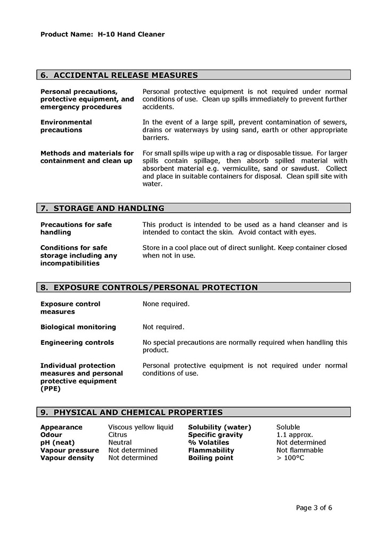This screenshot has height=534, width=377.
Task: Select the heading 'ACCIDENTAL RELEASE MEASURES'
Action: pos(126,75)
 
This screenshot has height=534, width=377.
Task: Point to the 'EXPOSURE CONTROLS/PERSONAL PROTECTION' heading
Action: pos(155,288)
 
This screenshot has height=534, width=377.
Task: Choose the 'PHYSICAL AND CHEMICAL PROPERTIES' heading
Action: pos(138,412)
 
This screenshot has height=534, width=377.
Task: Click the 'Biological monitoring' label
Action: pos(78,327)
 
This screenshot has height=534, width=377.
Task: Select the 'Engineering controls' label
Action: pos(77,343)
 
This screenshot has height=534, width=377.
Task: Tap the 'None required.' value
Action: pos(166,304)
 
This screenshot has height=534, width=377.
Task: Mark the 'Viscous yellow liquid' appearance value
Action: pos(141,427)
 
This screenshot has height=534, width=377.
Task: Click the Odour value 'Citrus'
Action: pos(118,435)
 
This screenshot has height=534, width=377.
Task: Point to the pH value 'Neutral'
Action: pos(120,443)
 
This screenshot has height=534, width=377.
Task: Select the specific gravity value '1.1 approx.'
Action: pos(294,435)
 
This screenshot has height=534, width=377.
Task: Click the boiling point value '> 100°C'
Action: pos(290,458)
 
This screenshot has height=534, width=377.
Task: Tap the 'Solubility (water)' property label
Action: pos(219,427)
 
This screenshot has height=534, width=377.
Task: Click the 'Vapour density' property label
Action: pos(67,458)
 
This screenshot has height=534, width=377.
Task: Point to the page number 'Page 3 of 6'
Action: pos(314,508)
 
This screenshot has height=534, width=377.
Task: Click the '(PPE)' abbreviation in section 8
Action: pos(51,389)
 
